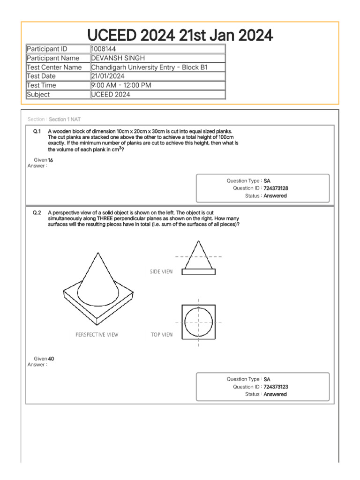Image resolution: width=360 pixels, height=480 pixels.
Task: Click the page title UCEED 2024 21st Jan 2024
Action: tap(180, 35)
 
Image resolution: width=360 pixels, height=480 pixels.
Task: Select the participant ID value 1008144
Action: tap(103, 49)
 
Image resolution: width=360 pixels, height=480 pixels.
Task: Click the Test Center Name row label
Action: tap(54, 67)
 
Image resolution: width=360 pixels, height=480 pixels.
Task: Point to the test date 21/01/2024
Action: tap(108, 76)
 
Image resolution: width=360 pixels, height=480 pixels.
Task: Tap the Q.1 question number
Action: tap(37, 131)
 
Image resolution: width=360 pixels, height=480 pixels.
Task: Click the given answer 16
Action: tap(51, 160)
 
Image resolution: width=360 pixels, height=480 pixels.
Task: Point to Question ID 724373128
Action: tap(276, 188)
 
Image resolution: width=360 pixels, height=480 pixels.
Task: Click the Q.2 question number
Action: tap(37, 212)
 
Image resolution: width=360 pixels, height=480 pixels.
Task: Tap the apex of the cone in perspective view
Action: tap(97, 254)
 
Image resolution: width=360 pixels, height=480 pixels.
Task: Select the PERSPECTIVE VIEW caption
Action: tap(97, 335)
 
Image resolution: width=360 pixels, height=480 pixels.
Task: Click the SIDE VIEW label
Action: tap(161, 271)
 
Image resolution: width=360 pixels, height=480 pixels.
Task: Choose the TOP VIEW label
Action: tap(161, 335)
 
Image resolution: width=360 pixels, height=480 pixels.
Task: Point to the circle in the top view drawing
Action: tap(199, 322)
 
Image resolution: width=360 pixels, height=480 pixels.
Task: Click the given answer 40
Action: tap(51, 359)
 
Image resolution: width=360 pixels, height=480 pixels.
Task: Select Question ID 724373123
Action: tap(276, 387)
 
